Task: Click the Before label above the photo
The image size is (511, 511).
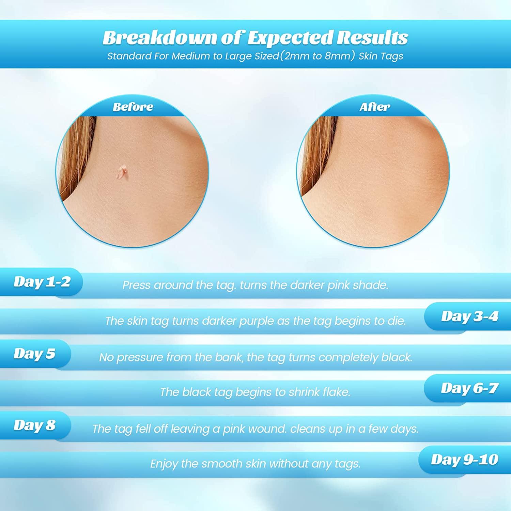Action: pyautogui.click(x=133, y=107)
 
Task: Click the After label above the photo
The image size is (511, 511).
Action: pyautogui.click(x=374, y=107)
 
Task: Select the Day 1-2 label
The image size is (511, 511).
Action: pyautogui.click(x=42, y=282)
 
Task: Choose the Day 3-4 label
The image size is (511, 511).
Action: pyautogui.click(x=469, y=316)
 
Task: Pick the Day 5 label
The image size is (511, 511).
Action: pyautogui.click(x=34, y=354)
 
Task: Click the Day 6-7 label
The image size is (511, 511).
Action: pyautogui.click(x=469, y=388)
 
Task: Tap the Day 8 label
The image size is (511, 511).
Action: pyautogui.click(x=34, y=425)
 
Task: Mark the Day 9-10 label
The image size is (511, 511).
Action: pyautogui.click(x=465, y=460)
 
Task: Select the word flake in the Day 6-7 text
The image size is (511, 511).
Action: pyautogui.click(x=337, y=392)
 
